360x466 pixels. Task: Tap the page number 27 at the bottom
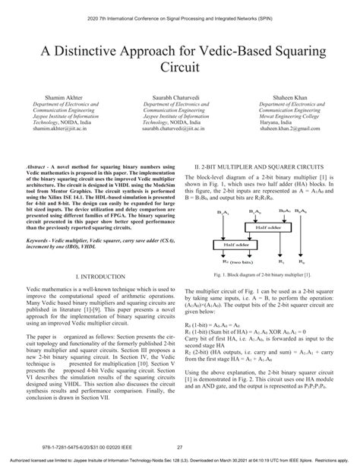coord(180,447)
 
